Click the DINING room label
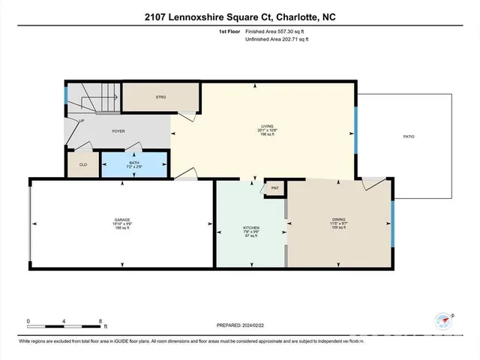pyautogui.click(x=338, y=220)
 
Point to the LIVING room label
pyautogui.click(x=268, y=127)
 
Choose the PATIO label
pyautogui.click(x=409, y=136)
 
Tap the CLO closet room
pyautogui.click(x=82, y=165)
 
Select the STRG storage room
pyautogui.click(x=160, y=97)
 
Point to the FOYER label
pyautogui.click(x=118, y=130)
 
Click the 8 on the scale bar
pyautogui.click(x=100, y=320)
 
